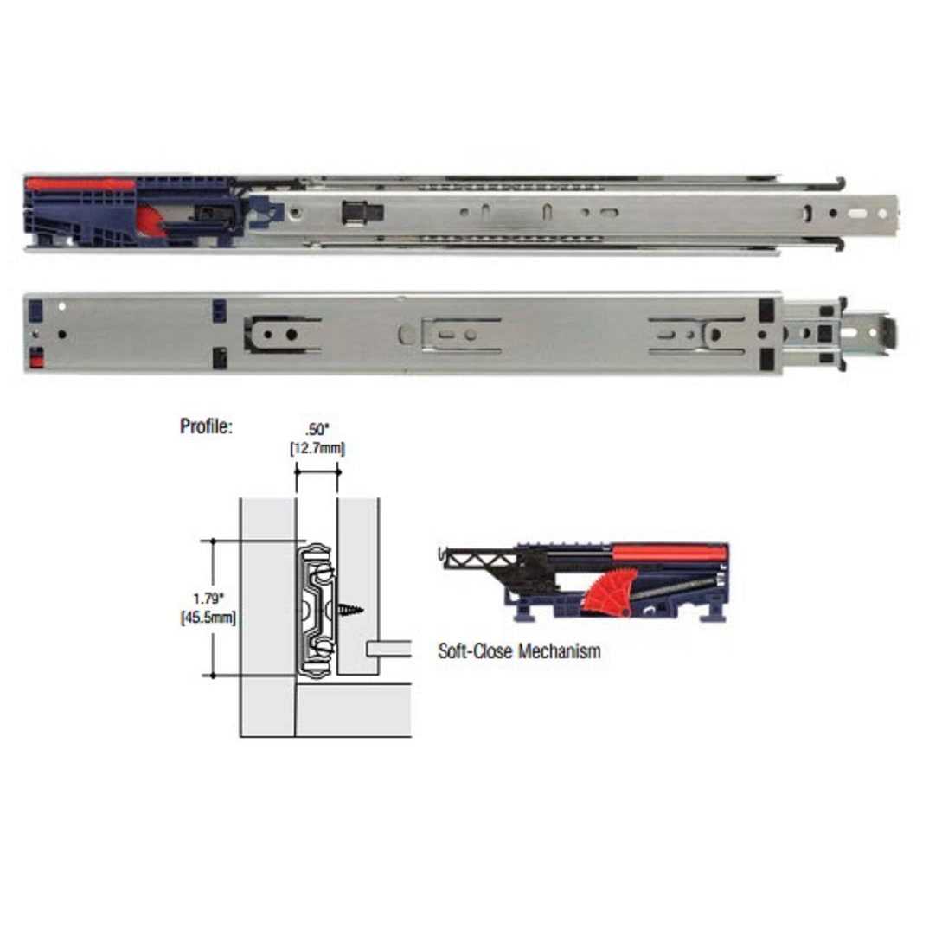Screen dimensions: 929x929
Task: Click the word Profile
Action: pos(206,426)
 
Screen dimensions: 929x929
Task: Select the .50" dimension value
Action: pos(317,430)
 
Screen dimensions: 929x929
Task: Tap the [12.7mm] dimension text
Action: pos(317,448)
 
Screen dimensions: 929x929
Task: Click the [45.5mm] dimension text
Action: pos(208,618)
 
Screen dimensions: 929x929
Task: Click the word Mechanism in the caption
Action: pos(560,651)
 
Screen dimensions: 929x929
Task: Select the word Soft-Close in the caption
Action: pos(475,651)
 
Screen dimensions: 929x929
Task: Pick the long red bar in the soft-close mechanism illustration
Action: pos(670,553)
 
